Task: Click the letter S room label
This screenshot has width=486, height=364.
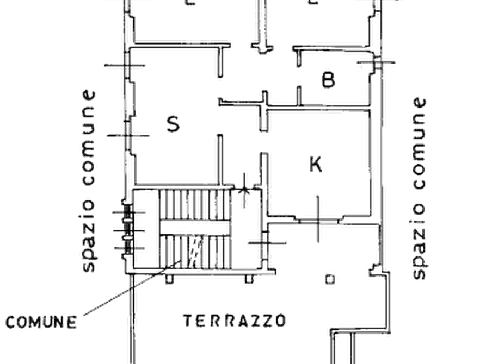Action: tap(173, 124)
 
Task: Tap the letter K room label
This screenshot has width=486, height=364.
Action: tap(316, 165)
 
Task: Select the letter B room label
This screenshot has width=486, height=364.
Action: tap(329, 79)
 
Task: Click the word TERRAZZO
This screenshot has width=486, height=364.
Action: tap(235, 321)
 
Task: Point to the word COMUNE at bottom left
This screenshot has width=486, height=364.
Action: tap(41, 322)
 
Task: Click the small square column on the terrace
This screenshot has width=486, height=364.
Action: tap(330, 279)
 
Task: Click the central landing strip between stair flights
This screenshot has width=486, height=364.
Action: tap(195, 228)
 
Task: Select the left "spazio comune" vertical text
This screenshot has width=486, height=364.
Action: tap(88, 181)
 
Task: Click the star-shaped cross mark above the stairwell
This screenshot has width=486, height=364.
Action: tap(244, 190)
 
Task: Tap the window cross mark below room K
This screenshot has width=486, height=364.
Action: tap(318, 220)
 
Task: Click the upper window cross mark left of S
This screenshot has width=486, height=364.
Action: tap(125, 65)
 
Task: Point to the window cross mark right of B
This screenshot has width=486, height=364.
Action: tap(376, 62)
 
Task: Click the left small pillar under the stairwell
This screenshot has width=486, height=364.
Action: tap(169, 279)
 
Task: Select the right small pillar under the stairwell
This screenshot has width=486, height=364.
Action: tap(249, 279)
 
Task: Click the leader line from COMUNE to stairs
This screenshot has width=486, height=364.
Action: tap(133, 288)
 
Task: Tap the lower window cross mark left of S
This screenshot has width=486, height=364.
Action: tap(128, 136)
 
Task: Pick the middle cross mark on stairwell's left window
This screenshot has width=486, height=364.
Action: tap(128, 230)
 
